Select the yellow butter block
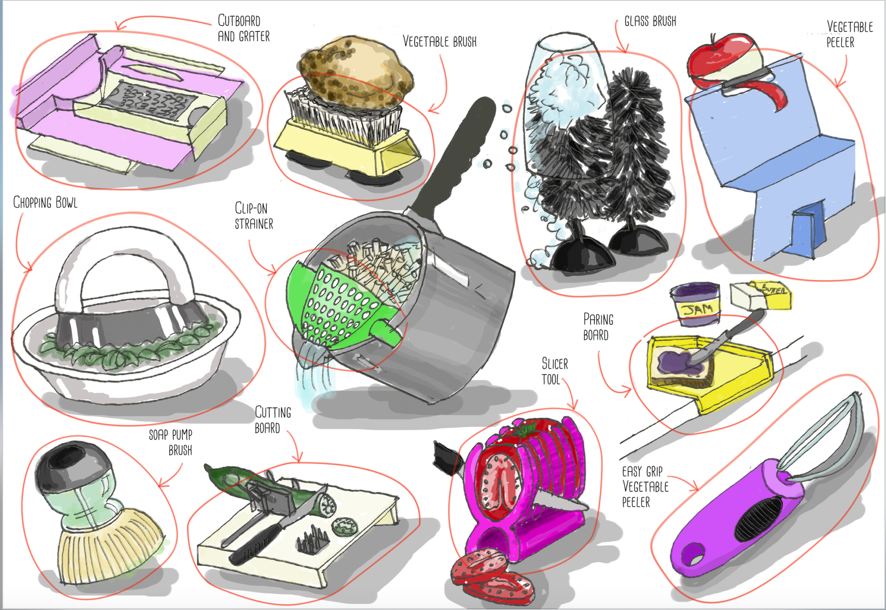[x=761, y=296]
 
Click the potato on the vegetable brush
[x=357, y=71]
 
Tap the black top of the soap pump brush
[x=66, y=465]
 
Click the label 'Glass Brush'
[x=650, y=21]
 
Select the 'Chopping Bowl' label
[x=45, y=203]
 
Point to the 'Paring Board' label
[x=598, y=327]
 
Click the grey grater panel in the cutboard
[x=148, y=102]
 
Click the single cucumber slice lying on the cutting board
[x=346, y=526]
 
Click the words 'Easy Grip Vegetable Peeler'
[x=644, y=486]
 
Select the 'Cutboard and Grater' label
[x=243, y=28]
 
